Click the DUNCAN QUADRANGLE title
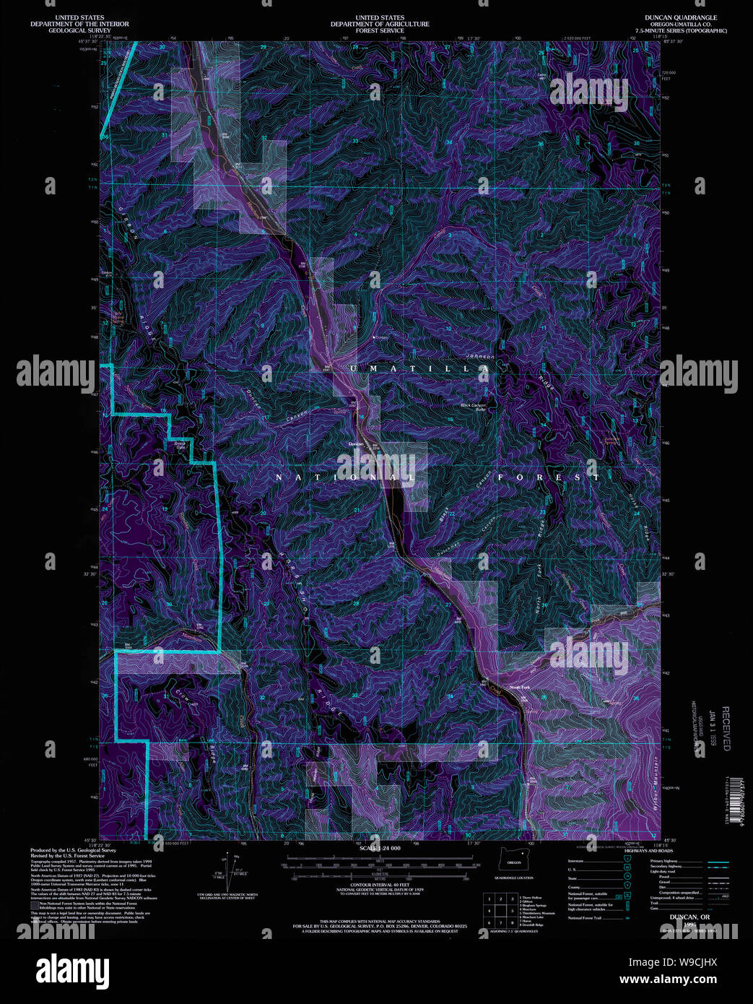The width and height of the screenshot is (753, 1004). coord(671,17)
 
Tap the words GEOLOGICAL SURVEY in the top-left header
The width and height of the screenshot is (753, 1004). coord(79,30)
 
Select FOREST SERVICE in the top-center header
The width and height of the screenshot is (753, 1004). coord(380,30)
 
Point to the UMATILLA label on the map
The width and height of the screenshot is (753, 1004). coord(419,368)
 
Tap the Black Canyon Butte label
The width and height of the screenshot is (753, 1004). coord(474,407)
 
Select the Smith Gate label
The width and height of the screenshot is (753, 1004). coord(180,446)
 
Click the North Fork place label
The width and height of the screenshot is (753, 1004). coord(520,687)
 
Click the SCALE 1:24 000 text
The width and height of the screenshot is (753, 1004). coord(380,848)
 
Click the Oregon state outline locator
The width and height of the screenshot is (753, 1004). coord(514,860)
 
